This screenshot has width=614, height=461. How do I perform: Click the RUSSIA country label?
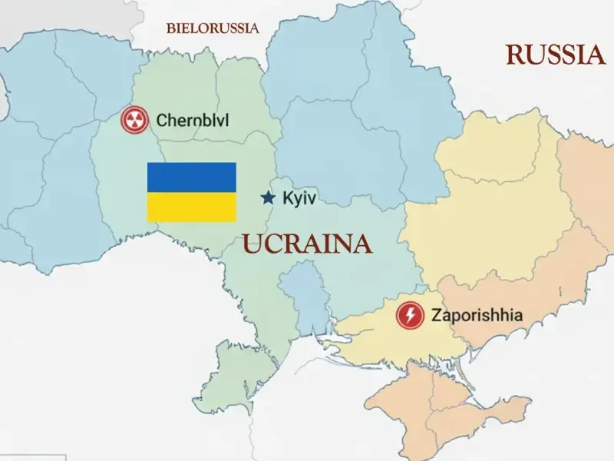[556, 55]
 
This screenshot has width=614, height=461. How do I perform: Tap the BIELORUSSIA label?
[213, 28]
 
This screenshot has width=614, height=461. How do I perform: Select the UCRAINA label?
[307, 244]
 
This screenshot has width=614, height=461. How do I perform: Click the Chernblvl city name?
[192, 120]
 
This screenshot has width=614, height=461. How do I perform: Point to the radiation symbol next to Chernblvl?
[134, 120]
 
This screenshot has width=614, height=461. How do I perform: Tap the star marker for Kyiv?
[268, 198]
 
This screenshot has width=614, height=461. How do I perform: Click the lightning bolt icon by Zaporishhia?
[410, 315]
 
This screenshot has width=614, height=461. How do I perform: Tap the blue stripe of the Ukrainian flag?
[191, 177]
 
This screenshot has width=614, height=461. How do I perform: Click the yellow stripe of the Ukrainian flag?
[191, 207]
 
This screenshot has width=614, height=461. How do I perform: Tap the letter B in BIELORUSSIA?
[170, 28]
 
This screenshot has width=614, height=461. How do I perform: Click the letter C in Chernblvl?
[161, 120]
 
